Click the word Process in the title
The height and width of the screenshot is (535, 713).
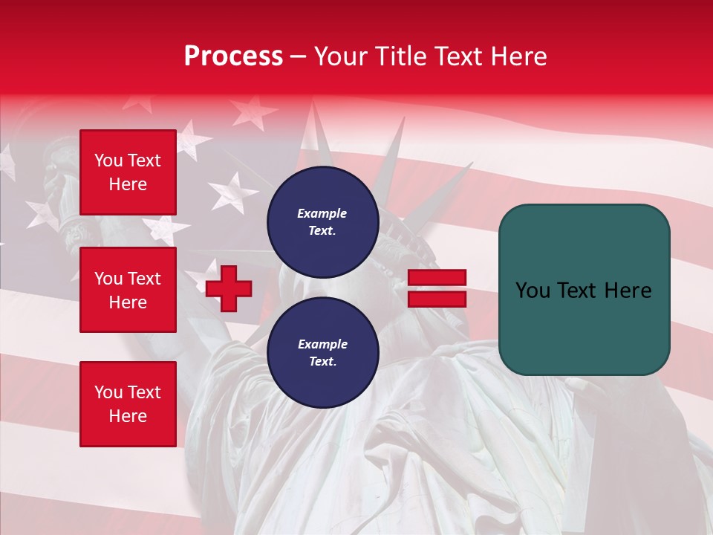pyautogui.click(x=233, y=56)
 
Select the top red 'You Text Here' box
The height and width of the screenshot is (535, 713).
pyautogui.click(x=128, y=172)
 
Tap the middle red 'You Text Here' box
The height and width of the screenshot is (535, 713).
pyautogui.click(x=128, y=290)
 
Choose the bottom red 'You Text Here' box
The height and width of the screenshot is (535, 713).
pyautogui.click(x=128, y=404)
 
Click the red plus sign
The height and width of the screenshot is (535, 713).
pyautogui.click(x=229, y=288)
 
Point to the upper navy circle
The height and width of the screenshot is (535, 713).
pyautogui.click(x=322, y=222)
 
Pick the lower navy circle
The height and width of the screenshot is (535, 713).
pyautogui.click(x=322, y=353)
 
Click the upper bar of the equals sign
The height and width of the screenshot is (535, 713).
pyautogui.click(x=437, y=277)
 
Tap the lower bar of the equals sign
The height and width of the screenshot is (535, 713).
pyautogui.click(x=437, y=299)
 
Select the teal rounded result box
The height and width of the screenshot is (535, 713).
pyautogui.click(x=584, y=290)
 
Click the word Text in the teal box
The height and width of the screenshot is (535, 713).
pyautogui.click(x=576, y=290)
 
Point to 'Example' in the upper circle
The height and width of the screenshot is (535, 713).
pyautogui.click(x=322, y=213)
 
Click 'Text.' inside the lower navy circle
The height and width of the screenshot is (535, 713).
pyautogui.click(x=322, y=362)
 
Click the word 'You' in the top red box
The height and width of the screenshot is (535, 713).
pyautogui.click(x=108, y=160)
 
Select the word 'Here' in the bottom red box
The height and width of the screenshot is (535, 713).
pyautogui.click(x=128, y=416)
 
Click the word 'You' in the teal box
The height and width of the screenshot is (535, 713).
pyautogui.click(x=532, y=290)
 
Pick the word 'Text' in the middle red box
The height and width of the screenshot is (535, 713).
pyautogui.click(x=143, y=279)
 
